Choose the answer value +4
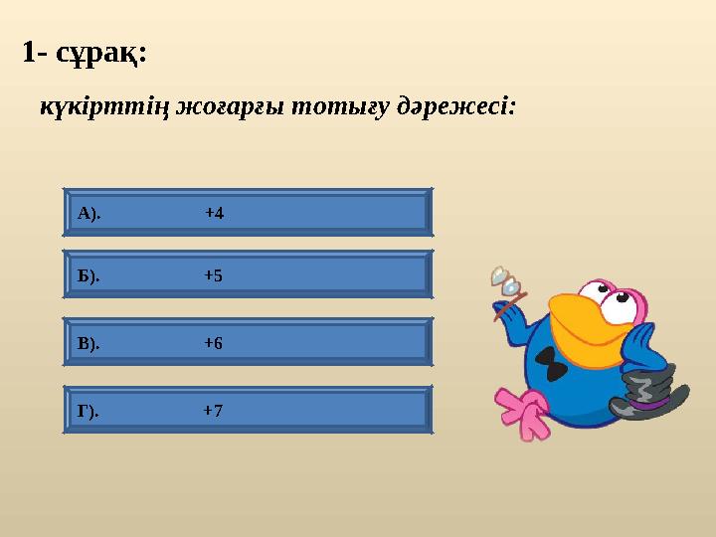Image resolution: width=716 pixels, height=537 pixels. (214, 214)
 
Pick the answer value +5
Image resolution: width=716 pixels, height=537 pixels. (213, 276)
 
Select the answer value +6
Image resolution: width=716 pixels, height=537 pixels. (213, 343)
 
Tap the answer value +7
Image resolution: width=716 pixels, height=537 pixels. (213, 410)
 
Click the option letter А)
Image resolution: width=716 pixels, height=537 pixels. (89, 214)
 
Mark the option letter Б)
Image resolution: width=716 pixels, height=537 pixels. (89, 276)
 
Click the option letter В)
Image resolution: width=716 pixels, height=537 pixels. (89, 343)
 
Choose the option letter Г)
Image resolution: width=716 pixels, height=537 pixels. (89, 410)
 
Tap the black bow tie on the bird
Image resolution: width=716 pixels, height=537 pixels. (556, 371)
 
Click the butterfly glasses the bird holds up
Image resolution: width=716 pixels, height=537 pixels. (505, 280)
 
